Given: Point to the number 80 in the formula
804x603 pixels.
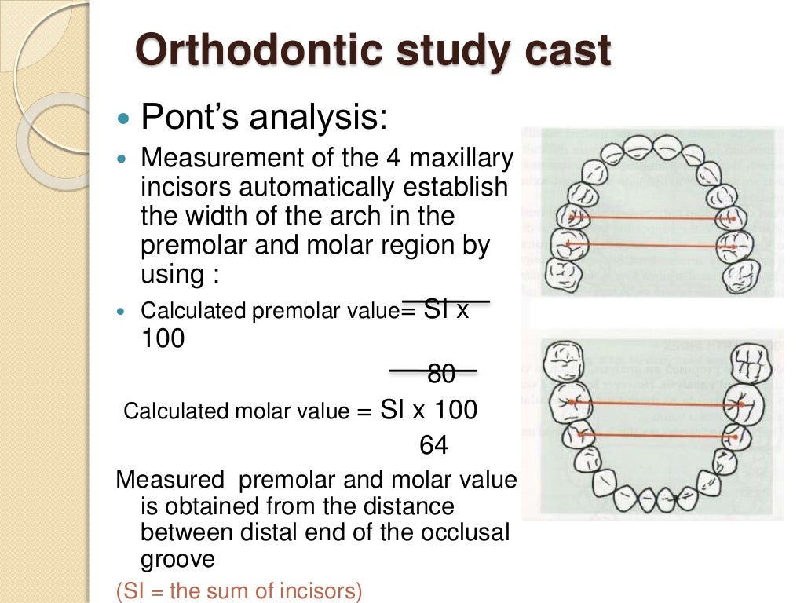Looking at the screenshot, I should point(441,375).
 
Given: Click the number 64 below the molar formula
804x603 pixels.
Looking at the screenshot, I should point(433,446).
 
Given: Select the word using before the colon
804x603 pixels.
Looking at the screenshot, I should point(167,275).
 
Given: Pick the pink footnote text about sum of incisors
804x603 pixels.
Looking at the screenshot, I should point(239,590).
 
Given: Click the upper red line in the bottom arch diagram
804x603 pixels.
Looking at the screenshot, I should point(653,404).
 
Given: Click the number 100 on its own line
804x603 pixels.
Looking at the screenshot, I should point(163,339).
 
